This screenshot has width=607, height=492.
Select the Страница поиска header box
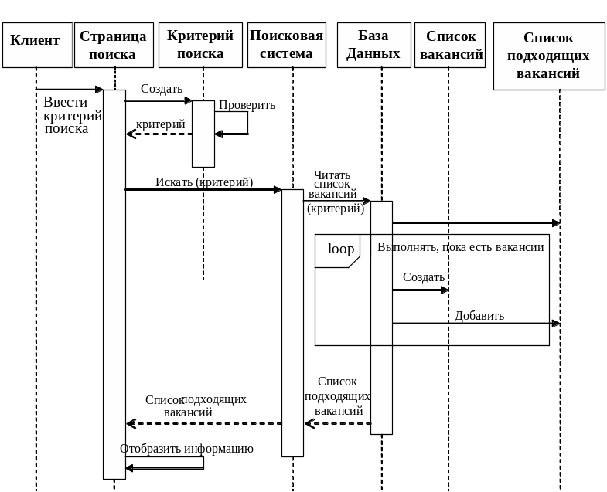[113, 45]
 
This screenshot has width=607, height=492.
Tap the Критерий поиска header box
[200, 45]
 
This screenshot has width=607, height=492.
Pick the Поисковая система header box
[287, 45]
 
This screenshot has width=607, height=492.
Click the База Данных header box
[373, 45]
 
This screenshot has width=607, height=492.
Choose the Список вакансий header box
[450, 45]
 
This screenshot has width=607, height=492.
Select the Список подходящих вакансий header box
[548, 56]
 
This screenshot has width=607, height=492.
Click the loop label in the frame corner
[341, 249]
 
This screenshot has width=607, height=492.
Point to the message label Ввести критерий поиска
[72, 115]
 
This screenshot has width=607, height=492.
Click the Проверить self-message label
[247, 105]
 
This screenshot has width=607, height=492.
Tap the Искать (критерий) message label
[204, 182]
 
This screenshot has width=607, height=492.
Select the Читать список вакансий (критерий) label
[334, 192]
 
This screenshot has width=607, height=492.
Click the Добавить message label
[479, 315]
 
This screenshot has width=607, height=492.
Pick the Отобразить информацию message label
[186, 448]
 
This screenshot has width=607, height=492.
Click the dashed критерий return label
[161, 124]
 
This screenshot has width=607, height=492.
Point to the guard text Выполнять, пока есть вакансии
[461, 248]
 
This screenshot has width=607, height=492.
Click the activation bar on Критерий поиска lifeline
[203, 134]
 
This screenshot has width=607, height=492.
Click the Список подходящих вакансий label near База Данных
[337, 396]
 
